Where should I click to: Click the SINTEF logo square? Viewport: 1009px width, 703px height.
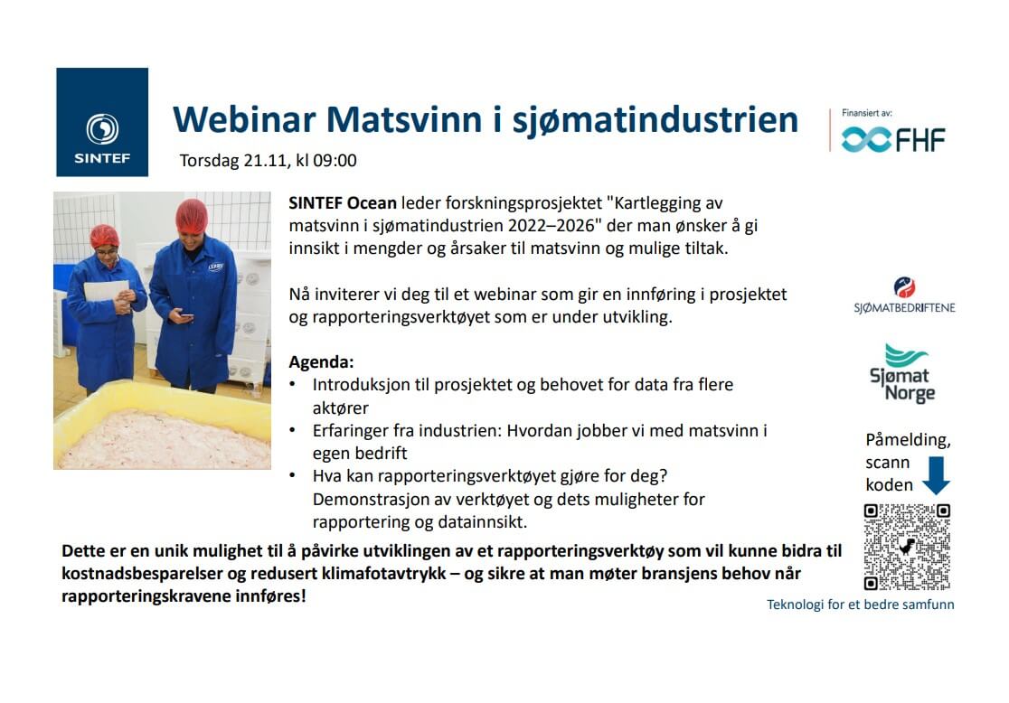pos(102,122)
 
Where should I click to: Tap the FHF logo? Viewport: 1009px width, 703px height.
pos(893,139)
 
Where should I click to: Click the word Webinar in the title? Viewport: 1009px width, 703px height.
pos(245,119)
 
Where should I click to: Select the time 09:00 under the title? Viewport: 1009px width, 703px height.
pos(335,160)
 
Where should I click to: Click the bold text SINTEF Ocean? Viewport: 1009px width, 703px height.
pos(343,202)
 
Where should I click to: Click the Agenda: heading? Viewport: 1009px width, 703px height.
pos(321,362)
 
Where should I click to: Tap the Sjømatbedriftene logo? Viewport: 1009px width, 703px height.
pos(904,295)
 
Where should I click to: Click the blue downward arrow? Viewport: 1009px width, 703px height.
pos(936,475)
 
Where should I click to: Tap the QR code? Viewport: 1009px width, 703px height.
pos(907,547)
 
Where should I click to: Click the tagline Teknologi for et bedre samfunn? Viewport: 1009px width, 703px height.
pos(861,605)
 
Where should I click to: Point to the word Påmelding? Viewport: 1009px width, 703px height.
pos(908,441)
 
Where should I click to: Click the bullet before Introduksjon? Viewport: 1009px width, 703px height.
pos(293,384)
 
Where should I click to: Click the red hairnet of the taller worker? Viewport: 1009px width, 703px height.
pos(192,216)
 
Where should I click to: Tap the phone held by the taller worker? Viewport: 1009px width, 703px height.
pos(186,315)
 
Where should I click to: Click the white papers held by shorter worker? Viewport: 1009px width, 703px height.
pos(106,291)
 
